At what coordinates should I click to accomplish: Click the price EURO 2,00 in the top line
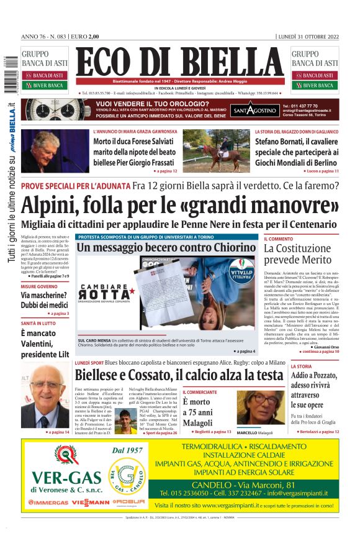click(x=86, y=36)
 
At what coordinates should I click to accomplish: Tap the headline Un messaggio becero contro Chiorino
click(x=166, y=247)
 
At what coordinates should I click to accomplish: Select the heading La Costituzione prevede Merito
click(x=298, y=254)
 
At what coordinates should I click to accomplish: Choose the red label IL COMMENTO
click(x=279, y=239)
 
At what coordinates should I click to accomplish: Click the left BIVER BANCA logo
click(x=45, y=85)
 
